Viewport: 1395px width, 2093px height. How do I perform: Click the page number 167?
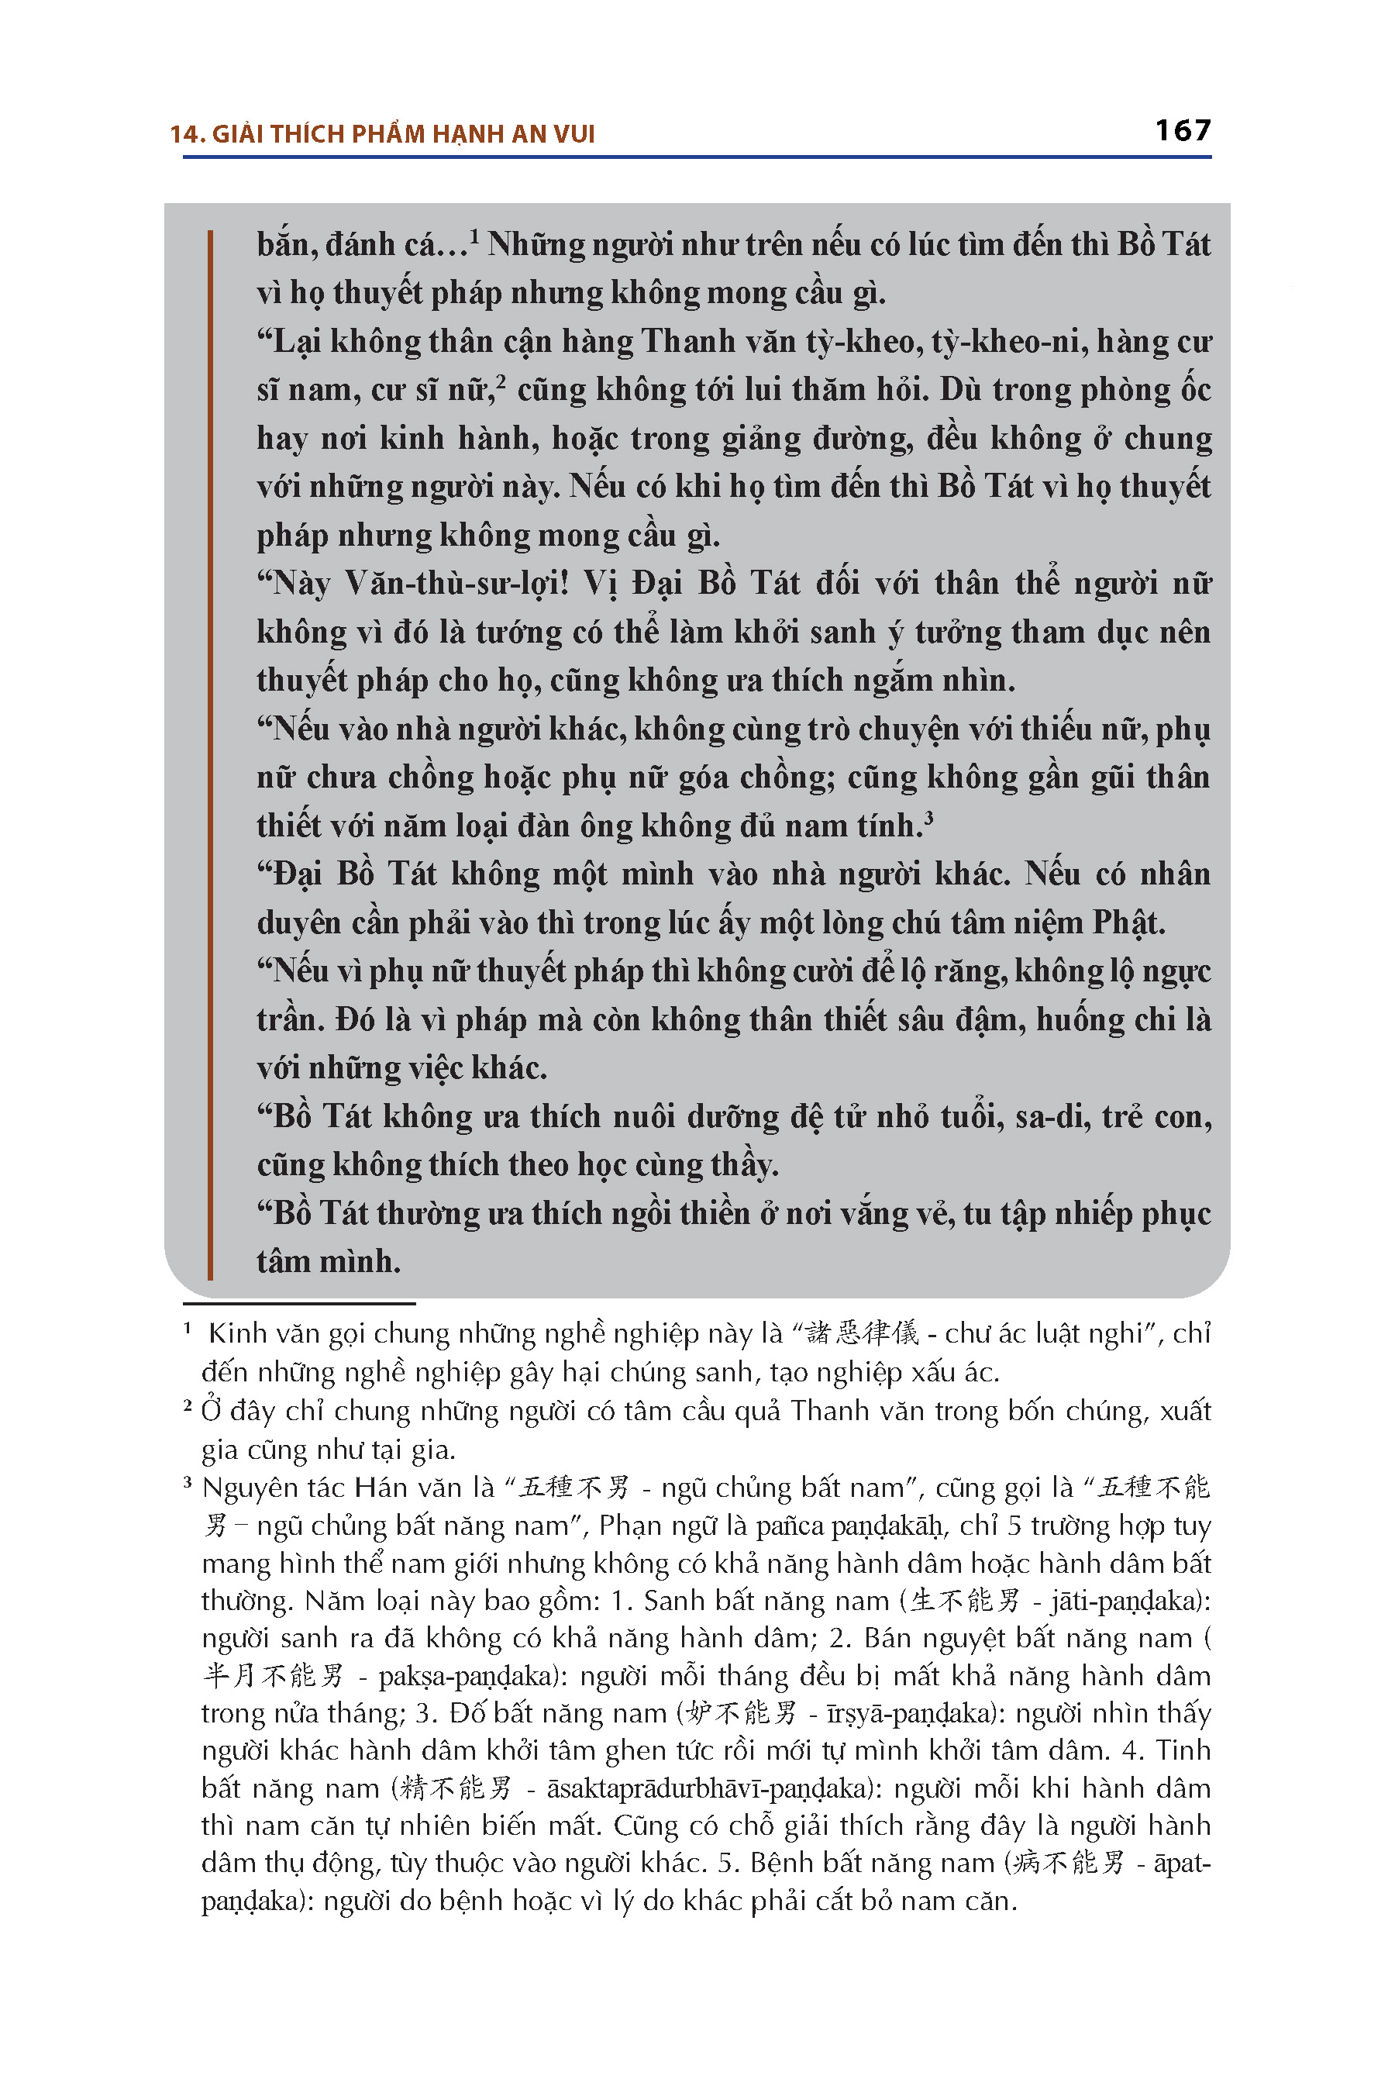click(x=1183, y=131)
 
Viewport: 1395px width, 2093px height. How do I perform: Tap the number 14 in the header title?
click(x=185, y=134)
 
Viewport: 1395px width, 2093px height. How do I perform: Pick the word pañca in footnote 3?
click(x=789, y=1526)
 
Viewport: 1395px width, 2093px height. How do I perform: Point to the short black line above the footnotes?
click(x=299, y=1304)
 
